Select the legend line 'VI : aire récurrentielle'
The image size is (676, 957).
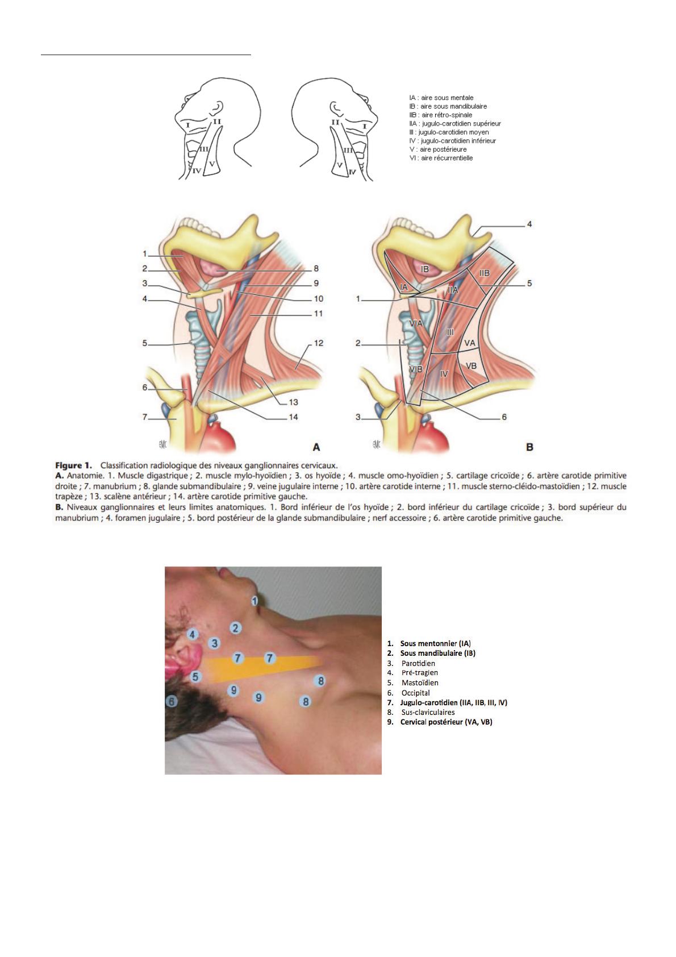[441, 158]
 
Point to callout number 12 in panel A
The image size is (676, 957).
[319, 343]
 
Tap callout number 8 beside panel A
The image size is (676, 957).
[316, 268]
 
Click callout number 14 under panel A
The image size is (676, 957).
[293, 417]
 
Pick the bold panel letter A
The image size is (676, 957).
[316, 447]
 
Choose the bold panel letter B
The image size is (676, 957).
[529, 447]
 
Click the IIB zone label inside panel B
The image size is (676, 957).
[484, 273]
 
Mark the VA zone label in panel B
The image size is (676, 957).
[469, 343]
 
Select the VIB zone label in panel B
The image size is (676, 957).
[416, 369]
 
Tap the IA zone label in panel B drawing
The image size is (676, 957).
[403, 288]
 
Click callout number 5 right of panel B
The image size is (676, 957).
[529, 282]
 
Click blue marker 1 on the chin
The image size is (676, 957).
[255, 600]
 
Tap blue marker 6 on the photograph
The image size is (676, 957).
[172, 701]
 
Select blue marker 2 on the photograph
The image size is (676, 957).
[236, 628]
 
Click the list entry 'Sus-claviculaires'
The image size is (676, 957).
[428, 712]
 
